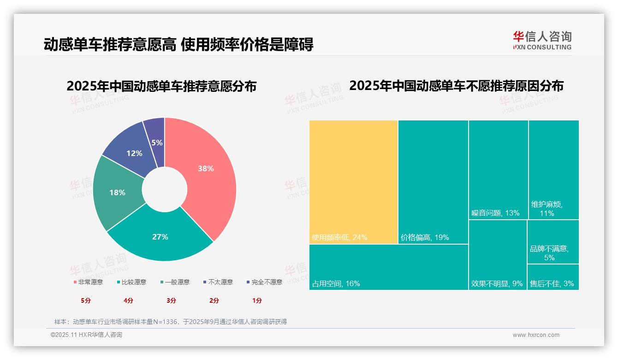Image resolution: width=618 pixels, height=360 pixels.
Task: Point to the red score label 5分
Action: click(86, 300)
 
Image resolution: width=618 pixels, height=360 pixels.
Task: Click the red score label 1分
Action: click(257, 300)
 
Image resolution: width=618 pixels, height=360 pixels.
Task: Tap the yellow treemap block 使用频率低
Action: click(353, 181)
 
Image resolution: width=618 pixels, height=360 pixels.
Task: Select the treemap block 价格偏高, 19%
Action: click(433, 181)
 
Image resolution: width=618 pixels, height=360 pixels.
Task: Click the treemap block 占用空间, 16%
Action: click(388, 267)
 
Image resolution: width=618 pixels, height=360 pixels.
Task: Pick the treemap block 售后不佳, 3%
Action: click(553, 277)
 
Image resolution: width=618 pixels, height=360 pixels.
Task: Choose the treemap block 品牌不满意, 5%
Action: click(553, 241)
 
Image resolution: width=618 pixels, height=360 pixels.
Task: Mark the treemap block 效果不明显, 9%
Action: click(497, 255)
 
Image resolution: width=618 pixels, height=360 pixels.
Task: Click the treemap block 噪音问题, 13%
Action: click(498, 169)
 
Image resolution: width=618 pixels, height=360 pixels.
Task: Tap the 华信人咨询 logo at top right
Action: click(542, 40)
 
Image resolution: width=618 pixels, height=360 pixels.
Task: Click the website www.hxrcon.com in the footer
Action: click(536, 335)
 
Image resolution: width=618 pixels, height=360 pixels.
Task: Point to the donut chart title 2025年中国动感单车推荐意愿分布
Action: click(161, 86)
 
